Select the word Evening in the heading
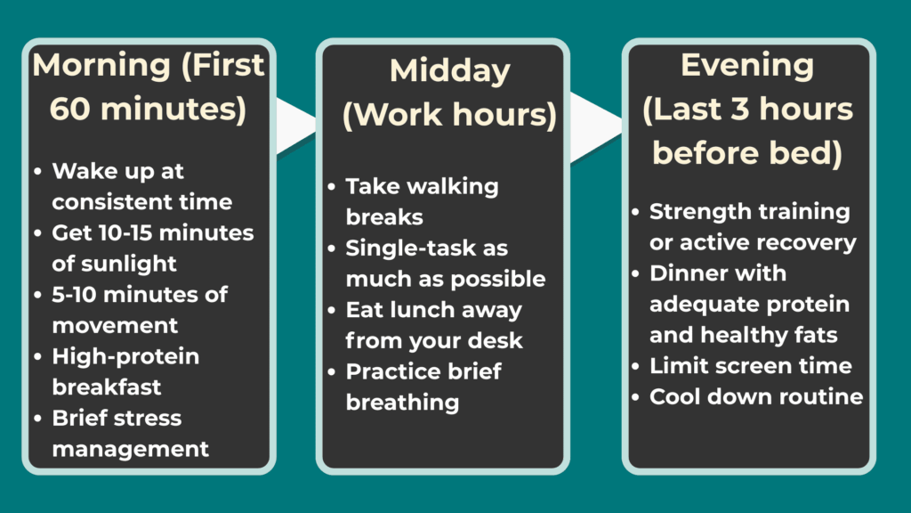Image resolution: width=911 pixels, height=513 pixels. point(746,65)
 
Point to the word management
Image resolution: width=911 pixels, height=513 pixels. point(130,449)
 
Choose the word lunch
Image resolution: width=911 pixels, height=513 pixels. point(424,310)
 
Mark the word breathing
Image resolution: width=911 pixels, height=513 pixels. point(402,403)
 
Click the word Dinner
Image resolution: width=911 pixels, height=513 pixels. point(693,273)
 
